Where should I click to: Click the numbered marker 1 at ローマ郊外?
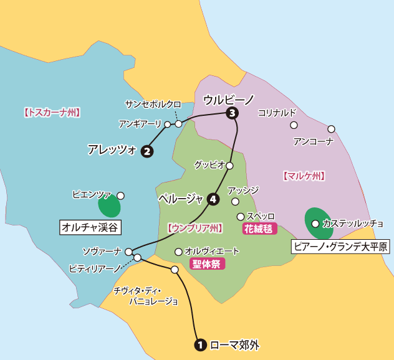(201, 344)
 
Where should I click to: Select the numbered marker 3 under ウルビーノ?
(233, 113)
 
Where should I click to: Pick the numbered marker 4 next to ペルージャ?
(213, 199)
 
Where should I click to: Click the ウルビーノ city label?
(229, 99)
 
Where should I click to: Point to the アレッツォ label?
(112, 149)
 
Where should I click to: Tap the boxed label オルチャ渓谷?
(90, 227)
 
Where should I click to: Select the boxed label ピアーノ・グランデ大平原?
(340, 247)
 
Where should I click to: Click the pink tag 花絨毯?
(256, 228)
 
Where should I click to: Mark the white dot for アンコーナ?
(331, 129)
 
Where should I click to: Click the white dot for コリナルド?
(294, 125)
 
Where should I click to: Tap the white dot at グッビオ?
(229, 166)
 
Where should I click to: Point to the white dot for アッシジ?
(235, 201)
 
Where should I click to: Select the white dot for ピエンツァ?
(120, 195)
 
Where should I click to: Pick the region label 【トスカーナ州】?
(52, 113)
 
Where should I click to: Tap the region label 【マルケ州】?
(304, 176)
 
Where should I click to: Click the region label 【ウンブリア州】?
(195, 228)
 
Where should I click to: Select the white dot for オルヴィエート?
(178, 252)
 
